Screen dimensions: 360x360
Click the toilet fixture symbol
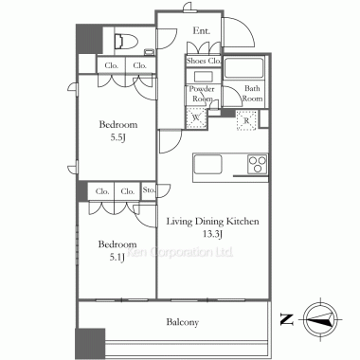tap(126, 42)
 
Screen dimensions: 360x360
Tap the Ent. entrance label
tap(202, 30)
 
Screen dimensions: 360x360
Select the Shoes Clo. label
tap(204, 61)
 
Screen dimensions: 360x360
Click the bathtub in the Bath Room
tap(243, 68)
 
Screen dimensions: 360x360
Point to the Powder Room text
tap(202, 94)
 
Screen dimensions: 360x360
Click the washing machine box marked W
tap(196, 117)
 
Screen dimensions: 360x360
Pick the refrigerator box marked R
tap(246, 120)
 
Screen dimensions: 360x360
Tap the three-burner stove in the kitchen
tap(258, 164)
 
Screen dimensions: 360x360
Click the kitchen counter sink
tap(207, 164)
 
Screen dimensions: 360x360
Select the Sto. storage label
tap(149, 190)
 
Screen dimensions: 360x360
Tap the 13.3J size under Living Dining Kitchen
tap(213, 234)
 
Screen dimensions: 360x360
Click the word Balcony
tap(183, 322)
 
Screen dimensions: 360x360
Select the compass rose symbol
tap(320, 319)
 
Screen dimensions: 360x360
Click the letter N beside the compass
tap(287, 319)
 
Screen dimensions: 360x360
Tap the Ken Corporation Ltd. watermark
tap(180, 252)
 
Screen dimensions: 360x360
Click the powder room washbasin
tap(204, 77)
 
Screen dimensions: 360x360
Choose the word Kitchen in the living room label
tap(243, 221)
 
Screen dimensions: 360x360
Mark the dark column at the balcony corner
tap(90, 344)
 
